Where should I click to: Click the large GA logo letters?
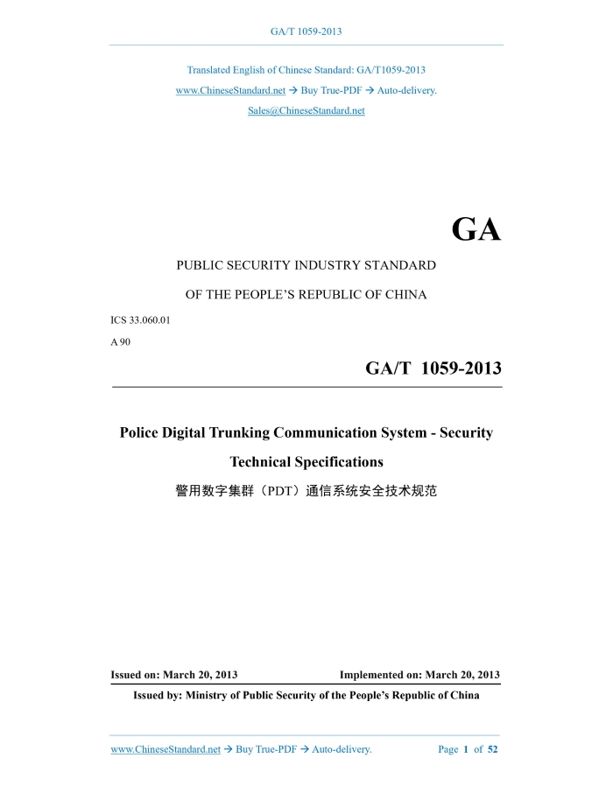(x=476, y=229)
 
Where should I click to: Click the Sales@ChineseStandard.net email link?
(x=306, y=111)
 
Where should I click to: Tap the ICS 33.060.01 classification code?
(x=140, y=320)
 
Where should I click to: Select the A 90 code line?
(x=120, y=341)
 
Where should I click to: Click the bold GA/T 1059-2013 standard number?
(x=433, y=369)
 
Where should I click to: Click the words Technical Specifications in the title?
(x=306, y=461)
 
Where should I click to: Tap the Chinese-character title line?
(x=306, y=491)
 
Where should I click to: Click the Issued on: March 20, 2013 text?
(x=173, y=675)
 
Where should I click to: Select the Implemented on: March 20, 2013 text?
(x=419, y=675)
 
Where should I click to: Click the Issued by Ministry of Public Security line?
(x=306, y=696)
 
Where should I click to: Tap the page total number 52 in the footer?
(x=492, y=749)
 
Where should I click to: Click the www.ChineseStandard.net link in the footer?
(x=166, y=749)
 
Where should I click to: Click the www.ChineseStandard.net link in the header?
(x=230, y=90)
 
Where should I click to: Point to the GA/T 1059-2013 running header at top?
(x=306, y=32)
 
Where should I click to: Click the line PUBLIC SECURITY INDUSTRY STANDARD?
(x=306, y=264)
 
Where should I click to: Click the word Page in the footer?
(x=447, y=749)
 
